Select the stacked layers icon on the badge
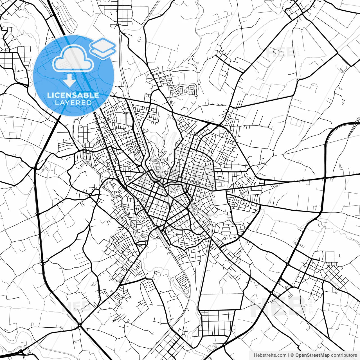click(x=103, y=48)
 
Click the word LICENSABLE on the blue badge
click(x=73, y=95)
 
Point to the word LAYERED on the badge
click(x=73, y=103)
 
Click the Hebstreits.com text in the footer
click(x=270, y=355)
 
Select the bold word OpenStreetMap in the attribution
click(x=312, y=355)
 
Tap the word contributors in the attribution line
click(x=344, y=355)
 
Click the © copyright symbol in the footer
click(x=292, y=355)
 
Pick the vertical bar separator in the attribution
click(x=289, y=355)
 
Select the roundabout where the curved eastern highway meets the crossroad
click(x=325, y=178)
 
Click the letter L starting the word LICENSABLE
click(x=49, y=95)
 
